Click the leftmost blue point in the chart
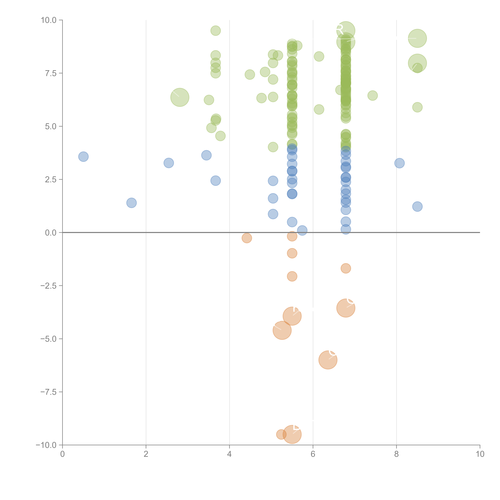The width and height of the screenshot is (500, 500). pyautogui.click(x=83, y=157)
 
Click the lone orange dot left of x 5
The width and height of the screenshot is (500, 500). pyautogui.click(x=247, y=238)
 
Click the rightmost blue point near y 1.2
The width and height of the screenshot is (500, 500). pyautogui.click(x=417, y=206)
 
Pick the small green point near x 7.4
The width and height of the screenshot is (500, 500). pyautogui.click(x=372, y=95)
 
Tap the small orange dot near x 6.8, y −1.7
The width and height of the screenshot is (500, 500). pyautogui.click(x=346, y=268)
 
